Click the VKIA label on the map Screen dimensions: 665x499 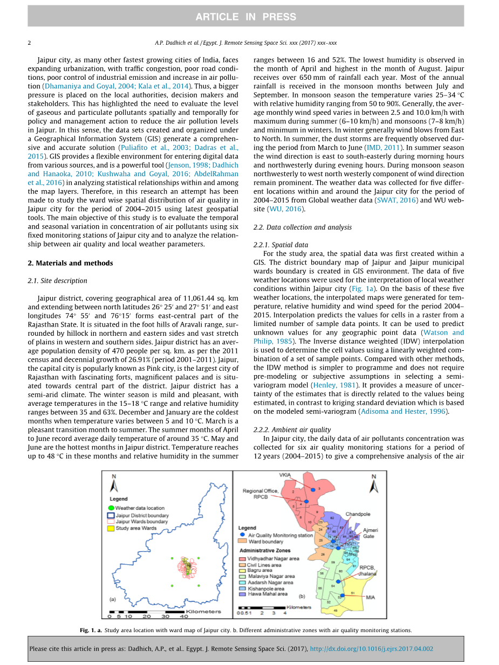(x=284, y=475)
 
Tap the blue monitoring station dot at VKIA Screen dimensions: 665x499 (x=312, y=489)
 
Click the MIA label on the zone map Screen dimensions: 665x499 (x=370, y=598)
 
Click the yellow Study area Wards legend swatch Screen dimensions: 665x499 (x=111, y=529)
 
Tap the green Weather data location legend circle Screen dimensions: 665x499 (x=111, y=508)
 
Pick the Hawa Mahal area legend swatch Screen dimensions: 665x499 (x=243, y=595)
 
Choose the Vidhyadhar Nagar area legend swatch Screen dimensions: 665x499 (x=243, y=559)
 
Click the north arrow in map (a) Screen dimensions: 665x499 (x=114, y=483)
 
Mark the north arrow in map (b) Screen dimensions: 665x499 (x=373, y=483)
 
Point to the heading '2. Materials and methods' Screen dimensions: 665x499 (x=70, y=263)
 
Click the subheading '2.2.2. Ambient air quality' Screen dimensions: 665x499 (x=292, y=430)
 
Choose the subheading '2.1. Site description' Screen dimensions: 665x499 (x=57, y=280)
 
